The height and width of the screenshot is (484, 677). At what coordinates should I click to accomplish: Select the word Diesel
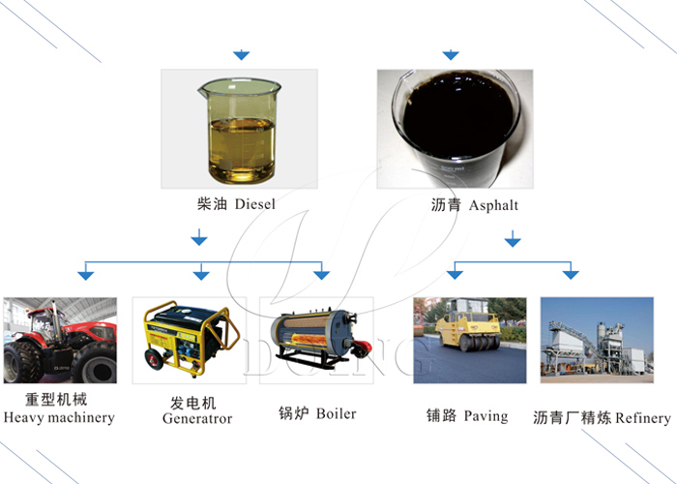(255, 204)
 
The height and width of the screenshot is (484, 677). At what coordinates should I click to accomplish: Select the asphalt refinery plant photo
(596, 339)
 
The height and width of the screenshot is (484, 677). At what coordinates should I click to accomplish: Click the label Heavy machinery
(59, 418)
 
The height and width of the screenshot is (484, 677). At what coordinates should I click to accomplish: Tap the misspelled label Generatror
(197, 419)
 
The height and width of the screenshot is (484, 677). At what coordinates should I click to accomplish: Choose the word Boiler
(336, 413)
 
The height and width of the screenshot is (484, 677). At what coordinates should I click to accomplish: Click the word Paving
(486, 415)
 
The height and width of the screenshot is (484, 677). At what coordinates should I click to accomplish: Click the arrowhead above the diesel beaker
(242, 54)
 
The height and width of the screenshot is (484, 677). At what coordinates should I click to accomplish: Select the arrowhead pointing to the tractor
(86, 276)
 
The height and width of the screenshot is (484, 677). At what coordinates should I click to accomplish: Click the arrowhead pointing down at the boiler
(321, 276)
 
